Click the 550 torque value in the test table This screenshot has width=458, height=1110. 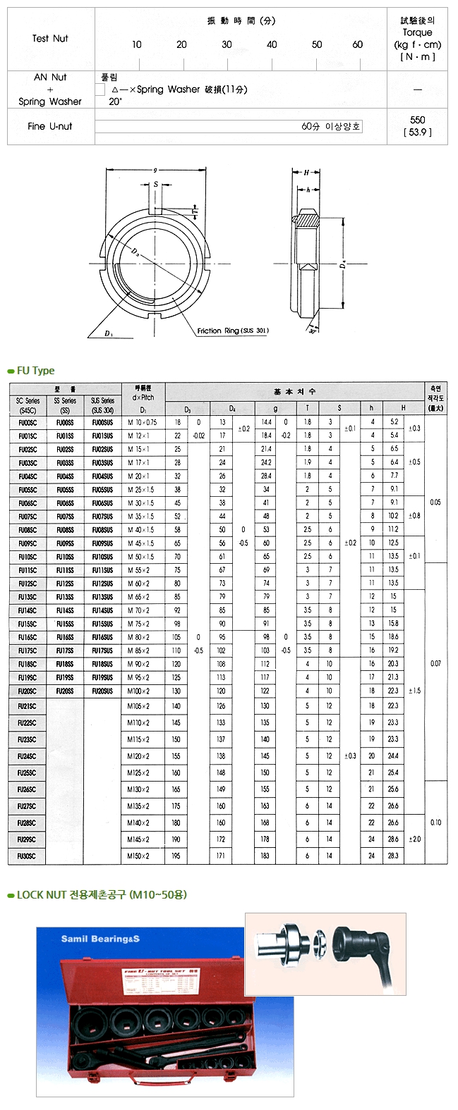click(x=417, y=120)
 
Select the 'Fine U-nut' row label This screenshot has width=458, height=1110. click(x=50, y=126)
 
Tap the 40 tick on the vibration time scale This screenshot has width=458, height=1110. click(x=272, y=44)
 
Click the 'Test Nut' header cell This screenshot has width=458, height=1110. click(x=50, y=38)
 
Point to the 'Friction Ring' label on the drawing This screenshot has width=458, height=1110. click(x=232, y=331)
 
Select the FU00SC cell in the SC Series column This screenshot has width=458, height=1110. click(x=28, y=422)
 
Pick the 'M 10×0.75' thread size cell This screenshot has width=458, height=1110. click(x=142, y=422)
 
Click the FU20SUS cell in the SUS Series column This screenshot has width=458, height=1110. click(x=102, y=691)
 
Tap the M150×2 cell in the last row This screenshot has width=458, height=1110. click(x=138, y=856)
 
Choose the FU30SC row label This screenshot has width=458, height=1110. click(x=27, y=856)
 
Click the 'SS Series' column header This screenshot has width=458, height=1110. click(x=65, y=400)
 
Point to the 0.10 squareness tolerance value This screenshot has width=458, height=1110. click(x=435, y=822)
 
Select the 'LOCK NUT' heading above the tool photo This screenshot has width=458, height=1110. click(x=42, y=895)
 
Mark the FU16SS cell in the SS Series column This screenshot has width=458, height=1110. click(x=65, y=637)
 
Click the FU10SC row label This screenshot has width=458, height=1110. click(x=28, y=557)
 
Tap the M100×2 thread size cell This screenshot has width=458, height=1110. click(x=138, y=691)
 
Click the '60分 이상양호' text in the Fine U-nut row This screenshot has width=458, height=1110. click(x=331, y=127)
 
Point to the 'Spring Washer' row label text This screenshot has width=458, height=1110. click(x=50, y=101)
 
